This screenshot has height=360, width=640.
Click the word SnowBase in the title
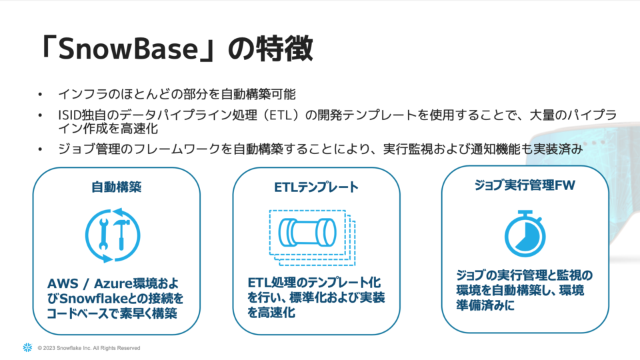click(128, 48)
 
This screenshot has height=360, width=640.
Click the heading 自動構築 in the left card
click(116, 187)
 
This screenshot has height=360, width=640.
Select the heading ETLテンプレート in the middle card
click(316, 187)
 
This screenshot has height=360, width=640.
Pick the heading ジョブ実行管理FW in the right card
click(525, 185)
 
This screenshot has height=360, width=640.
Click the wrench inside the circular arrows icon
click(104, 234)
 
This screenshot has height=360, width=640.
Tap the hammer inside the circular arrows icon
click(121, 234)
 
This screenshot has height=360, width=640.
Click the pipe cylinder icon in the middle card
click(307, 232)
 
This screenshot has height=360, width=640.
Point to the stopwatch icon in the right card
click(525, 234)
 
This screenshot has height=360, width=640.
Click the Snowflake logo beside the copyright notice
click(27, 347)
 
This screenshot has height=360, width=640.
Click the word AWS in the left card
click(63, 283)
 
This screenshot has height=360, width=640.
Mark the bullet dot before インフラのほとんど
click(40, 95)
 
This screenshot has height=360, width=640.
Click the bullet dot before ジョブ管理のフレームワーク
click(40, 149)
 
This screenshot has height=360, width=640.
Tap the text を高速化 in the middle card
click(271, 313)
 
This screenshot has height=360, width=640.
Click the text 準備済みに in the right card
click(485, 305)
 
